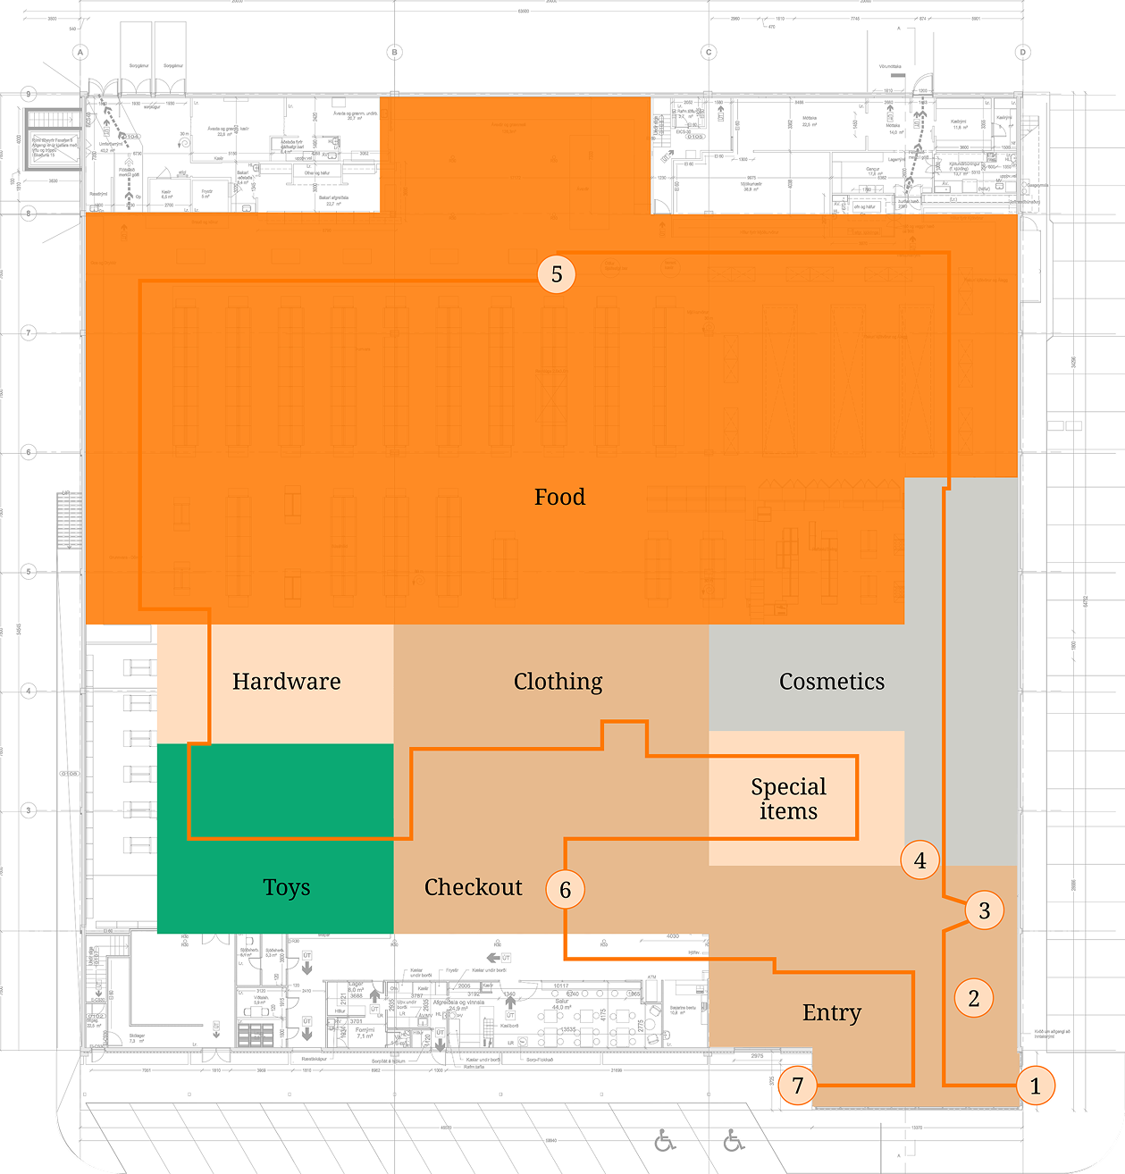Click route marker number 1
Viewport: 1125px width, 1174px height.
point(1036,1086)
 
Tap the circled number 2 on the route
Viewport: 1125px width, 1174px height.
point(974,998)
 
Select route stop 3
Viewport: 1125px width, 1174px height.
point(985,910)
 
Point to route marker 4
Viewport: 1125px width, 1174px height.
point(920,860)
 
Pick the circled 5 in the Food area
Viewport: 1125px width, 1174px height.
point(557,274)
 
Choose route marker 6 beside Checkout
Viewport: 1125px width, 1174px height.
point(565,890)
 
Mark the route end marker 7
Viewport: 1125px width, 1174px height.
point(798,1086)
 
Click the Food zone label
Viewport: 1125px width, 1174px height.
point(559,497)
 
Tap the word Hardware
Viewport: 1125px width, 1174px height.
point(286,682)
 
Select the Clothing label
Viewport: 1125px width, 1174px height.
point(558,682)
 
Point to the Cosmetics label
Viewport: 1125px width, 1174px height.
point(831,682)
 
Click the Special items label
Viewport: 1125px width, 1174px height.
point(788,799)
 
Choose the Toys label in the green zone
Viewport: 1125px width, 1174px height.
point(286,887)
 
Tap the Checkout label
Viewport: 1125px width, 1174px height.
point(473,887)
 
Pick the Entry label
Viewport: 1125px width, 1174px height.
point(831,1012)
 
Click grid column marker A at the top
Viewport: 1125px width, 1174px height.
point(80,53)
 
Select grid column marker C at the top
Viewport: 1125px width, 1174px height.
point(709,53)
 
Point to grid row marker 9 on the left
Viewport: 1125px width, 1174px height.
point(29,94)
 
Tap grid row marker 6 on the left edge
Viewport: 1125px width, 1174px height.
point(29,452)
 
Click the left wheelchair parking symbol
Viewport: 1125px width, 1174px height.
point(665,1141)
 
